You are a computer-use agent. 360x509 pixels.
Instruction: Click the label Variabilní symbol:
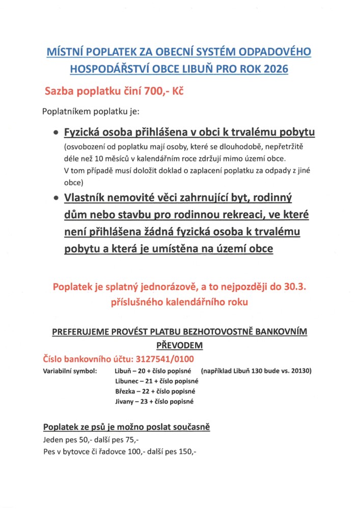[x=70, y=371]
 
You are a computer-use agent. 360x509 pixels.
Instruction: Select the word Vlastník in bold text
[x=88, y=197]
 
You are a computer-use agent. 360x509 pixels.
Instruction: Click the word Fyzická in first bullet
[x=84, y=133]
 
